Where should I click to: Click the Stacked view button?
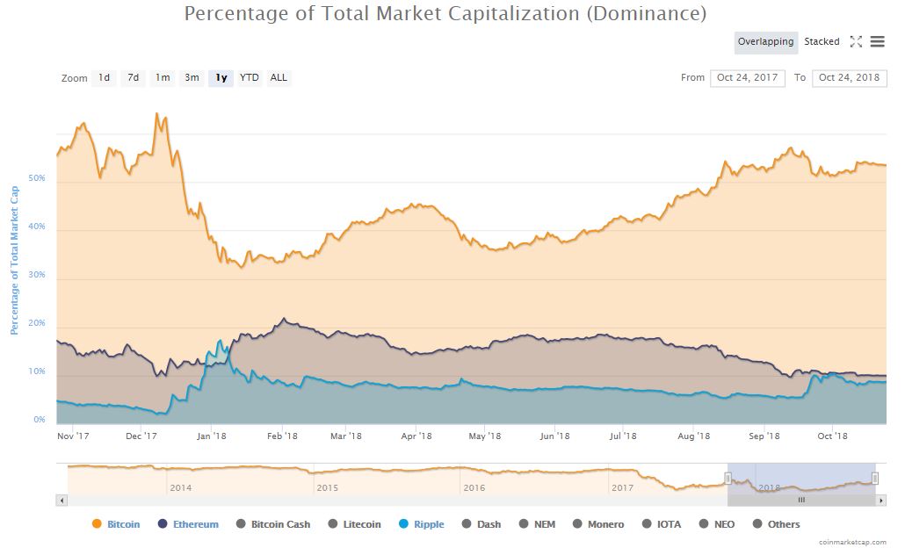[822, 42]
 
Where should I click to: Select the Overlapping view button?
[765, 42]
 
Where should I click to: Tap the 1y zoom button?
[221, 78]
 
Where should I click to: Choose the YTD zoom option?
[250, 78]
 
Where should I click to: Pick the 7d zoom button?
[133, 78]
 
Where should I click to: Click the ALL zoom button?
[279, 78]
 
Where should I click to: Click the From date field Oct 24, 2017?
[748, 78]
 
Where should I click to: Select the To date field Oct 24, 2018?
[849, 78]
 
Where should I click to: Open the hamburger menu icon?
[877, 42]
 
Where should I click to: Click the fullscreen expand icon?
[856, 42]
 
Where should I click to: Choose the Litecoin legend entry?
[355, 524]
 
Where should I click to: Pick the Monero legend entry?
[598, 524]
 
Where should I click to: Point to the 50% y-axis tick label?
[37, 179]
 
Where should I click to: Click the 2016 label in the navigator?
[474, 488]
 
